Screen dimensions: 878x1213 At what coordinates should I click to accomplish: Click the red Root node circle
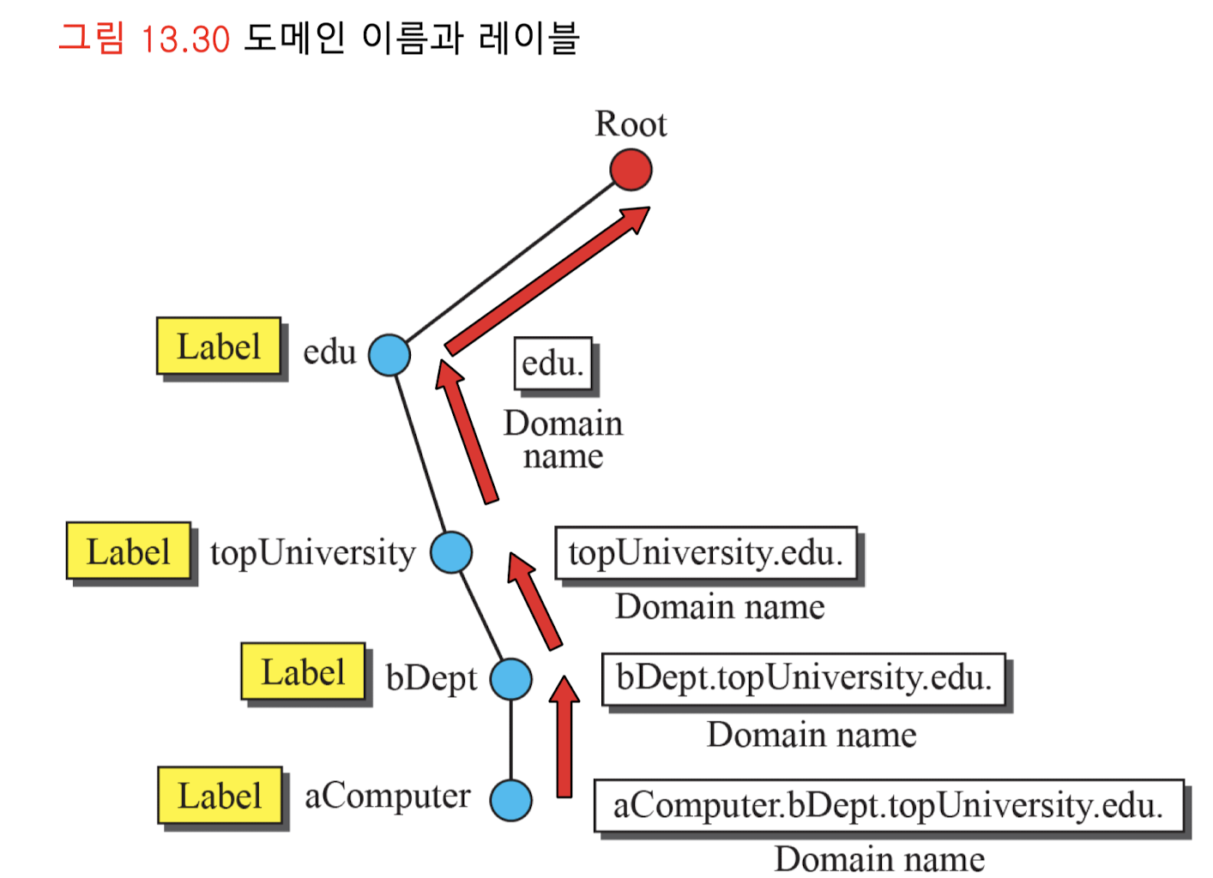631,170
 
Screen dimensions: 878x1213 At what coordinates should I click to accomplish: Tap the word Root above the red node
631,124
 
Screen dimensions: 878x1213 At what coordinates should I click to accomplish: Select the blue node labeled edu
389,354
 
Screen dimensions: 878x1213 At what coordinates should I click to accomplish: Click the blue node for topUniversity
451,552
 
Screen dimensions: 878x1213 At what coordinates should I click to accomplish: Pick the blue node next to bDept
511,679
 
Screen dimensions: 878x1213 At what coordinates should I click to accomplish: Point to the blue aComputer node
511,800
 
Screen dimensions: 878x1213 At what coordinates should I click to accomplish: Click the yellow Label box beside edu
219,346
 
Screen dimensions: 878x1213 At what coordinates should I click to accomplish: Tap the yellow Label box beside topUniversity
129,551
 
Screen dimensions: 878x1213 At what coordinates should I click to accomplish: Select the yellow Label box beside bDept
303,671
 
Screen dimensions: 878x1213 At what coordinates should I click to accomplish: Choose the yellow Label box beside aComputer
220,796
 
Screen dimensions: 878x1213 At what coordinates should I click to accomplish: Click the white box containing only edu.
553,364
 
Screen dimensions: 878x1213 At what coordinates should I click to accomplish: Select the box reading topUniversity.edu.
706,553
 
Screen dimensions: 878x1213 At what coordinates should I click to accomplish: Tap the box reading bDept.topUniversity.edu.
804,678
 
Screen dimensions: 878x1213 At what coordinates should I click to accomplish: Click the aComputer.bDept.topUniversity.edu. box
888,805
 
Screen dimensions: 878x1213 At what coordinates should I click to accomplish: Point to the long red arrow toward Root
549,280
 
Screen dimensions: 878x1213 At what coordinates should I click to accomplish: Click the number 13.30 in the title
185,39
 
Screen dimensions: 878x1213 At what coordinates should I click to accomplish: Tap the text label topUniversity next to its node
312,553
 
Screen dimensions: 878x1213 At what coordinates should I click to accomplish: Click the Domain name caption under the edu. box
563,440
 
